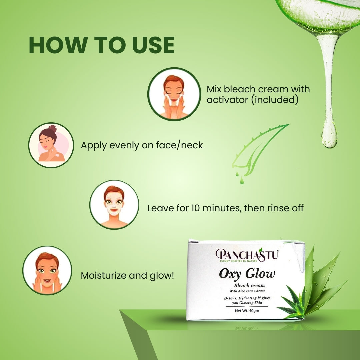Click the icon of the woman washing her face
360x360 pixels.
tap(174, 94)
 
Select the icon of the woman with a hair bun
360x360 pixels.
tap(51, 145)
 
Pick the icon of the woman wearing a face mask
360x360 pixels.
tap(114, 205)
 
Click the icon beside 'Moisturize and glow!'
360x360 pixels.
tap(47, 270)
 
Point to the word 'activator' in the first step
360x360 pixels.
tap(227, 100)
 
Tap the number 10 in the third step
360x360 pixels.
tap(195, 208)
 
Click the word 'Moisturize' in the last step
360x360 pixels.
tap(103, 276)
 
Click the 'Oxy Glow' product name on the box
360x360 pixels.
tap(247, 274)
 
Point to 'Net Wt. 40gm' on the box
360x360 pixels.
tap(247, 311)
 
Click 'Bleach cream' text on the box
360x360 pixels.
tap(249, 286)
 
